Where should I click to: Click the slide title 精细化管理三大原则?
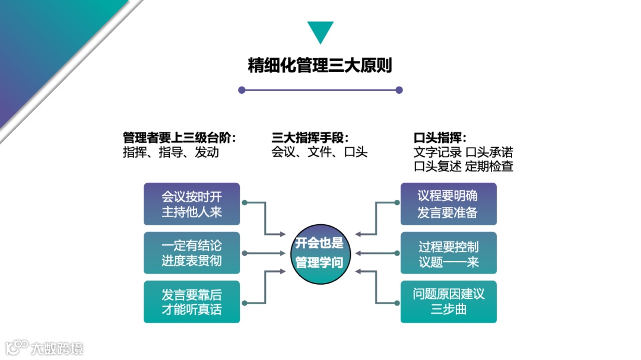(x=320, y=65)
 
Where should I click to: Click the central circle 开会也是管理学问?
(x=320, y=253)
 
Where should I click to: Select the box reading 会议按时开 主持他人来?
(x=192, y=203)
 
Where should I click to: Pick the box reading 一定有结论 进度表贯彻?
(x=192, y=253)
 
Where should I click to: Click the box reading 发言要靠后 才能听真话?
(x=192, y=302)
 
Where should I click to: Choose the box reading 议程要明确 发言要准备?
(x=448, y=203)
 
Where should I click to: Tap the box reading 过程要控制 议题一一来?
(x=448, y=253)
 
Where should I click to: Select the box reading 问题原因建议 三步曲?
(x=448, y=302)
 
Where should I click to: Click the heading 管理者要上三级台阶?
(x=180, y=138)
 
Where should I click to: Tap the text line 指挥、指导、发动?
(x=170, y=152)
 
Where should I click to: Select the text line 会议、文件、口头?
(x=319, y=152)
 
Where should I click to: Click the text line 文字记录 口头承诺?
(x=463, y=152)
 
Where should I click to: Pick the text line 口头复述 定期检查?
(x=463, y=166)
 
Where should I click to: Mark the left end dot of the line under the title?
(x=242, y=90)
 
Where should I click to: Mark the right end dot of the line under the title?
(x=399, y=90)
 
